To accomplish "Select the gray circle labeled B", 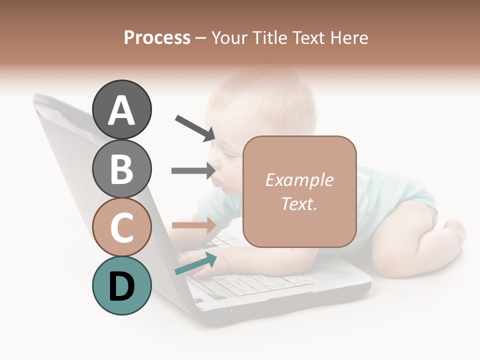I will tap(122, 168).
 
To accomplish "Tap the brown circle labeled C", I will tap(122, 227).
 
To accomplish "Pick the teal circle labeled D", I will tap(122, 286).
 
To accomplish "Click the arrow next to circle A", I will tap(195, 127).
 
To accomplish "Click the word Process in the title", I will tap(157, 37).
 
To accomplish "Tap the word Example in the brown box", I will tap(299, 180).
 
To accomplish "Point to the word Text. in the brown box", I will tap(299, 203).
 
